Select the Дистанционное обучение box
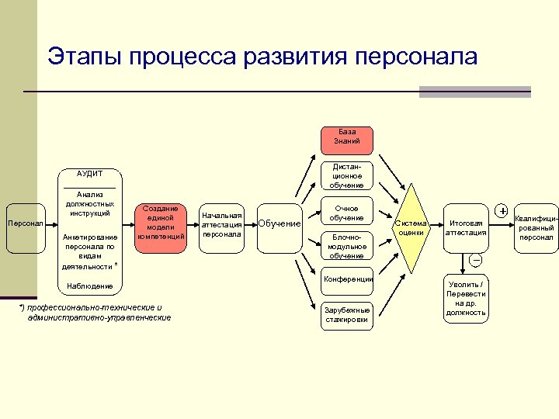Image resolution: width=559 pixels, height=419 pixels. pos(345,176)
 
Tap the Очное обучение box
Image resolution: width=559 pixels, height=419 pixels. pos(345,213)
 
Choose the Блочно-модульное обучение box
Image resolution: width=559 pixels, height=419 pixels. pos(345,246)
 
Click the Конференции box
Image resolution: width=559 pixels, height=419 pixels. pos(345,280)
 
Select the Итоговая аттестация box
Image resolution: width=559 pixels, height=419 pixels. pos(466,228)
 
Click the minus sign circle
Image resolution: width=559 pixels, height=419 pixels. pos(476,259)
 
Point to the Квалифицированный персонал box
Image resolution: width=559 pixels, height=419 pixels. pos(536,228)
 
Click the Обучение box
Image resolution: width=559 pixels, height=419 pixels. pos(279,224)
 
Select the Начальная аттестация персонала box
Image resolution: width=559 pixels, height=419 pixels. pos(222,224)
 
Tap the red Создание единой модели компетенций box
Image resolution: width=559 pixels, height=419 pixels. pos(161,222)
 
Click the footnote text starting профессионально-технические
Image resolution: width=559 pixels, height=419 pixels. pos(96,313)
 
